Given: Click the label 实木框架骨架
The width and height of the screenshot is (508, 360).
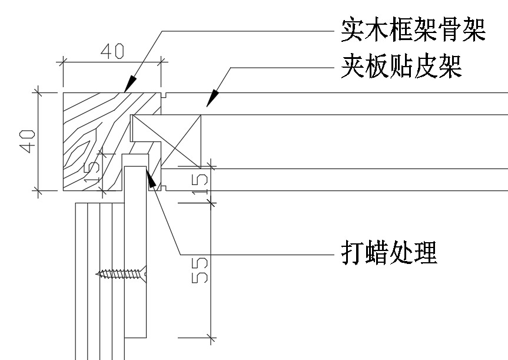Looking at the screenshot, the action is point(413,31).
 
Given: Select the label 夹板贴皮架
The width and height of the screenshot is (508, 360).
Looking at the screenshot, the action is point(401,67).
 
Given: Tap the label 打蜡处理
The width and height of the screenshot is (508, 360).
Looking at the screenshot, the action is point(389,252).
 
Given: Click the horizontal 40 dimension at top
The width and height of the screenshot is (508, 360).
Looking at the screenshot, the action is point(112,51).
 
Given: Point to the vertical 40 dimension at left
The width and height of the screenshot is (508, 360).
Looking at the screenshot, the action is point(27,141).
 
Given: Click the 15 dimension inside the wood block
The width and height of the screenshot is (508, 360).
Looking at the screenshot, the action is point(92,173).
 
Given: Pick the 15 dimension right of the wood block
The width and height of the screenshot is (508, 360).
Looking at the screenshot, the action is point(200,184).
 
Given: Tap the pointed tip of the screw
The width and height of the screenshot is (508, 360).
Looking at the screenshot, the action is point(96,274).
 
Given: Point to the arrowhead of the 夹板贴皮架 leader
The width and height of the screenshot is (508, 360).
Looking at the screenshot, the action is point(213,98).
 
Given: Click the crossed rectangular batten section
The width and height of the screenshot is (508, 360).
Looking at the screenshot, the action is point(165,141).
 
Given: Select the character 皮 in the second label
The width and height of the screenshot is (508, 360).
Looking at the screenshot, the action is point(426,67).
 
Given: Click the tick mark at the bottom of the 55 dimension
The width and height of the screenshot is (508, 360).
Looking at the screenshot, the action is point(211,338).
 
